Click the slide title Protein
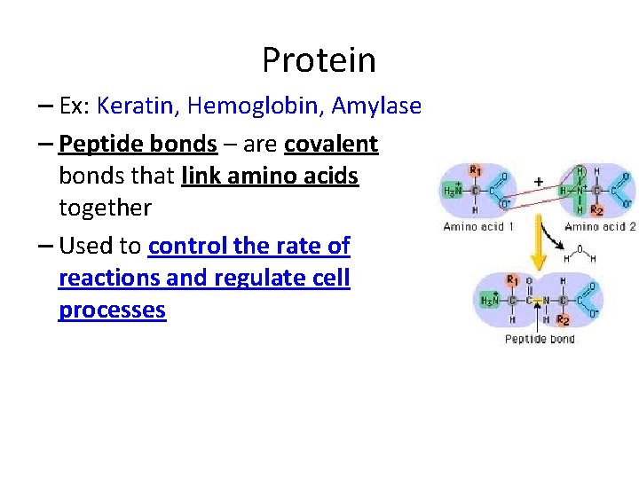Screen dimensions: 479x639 coord(319,60)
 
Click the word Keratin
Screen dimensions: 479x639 coord(137,106)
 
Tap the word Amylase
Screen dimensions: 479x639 coord(376,106)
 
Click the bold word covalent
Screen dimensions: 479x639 coord(331,144)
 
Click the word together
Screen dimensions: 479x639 coord(105,208)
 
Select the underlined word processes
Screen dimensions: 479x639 coord(112,310)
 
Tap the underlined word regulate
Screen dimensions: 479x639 coord(250,278)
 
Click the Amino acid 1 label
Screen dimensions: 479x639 coord(479,227)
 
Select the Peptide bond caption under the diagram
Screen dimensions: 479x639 coord(540,339)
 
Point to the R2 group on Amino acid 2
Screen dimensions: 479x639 coord(596,211)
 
